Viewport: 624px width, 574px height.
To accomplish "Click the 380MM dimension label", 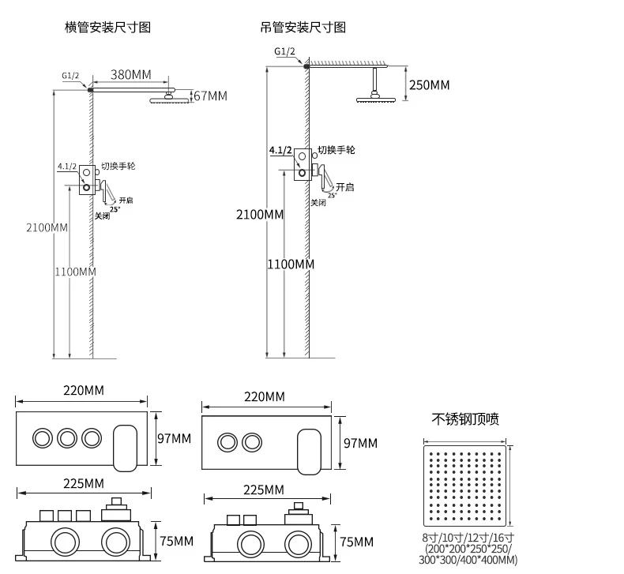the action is pos(131,74).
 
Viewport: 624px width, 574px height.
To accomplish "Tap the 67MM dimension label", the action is pos(211,96).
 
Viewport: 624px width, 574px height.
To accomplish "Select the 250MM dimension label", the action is pos(430,84).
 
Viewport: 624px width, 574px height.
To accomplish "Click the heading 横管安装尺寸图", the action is pos(107,27).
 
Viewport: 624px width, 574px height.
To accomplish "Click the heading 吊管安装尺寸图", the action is pos(303,27).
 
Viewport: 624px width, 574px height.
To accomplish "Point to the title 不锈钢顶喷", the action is pos(465,419).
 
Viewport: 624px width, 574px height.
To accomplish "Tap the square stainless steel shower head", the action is pos(464,486).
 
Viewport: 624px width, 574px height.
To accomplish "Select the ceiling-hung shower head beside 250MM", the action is pos(376,97).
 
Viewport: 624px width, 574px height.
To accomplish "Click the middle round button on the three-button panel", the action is pos(67,438).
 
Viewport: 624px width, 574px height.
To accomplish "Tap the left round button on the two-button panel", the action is pos(227,442).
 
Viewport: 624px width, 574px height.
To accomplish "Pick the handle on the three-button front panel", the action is pos(126,448).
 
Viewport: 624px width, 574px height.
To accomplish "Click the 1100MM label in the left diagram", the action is pos(76,272).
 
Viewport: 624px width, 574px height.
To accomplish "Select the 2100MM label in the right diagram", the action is pos(260,215).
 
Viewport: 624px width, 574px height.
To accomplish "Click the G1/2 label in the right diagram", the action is pos(284,51).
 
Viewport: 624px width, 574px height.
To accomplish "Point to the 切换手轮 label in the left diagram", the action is pos(118,166).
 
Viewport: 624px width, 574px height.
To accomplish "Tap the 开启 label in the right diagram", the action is pos(344,187).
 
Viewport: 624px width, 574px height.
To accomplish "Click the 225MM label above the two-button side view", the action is pos(264,490).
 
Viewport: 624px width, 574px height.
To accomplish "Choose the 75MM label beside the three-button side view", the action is pos(177,541).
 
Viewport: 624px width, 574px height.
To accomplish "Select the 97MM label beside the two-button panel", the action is pos(360,443).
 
